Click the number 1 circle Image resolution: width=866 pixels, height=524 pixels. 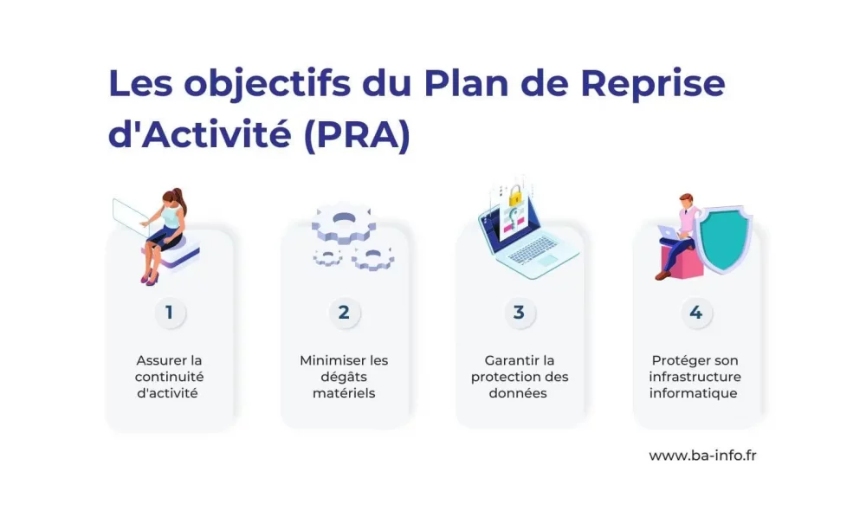tap(170, 313)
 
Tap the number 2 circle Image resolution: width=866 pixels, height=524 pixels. tap(344, 313)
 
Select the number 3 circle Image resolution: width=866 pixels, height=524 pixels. tap(519, 313)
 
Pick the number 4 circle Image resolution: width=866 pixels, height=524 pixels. tap(695, 313)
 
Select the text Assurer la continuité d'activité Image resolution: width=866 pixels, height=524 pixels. tap(169, 377)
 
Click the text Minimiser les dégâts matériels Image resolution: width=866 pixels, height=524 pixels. tap(344, 377)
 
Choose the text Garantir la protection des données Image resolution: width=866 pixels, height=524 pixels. tap(520, 377)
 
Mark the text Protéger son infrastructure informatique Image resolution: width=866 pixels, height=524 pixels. tap(695, 377)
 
